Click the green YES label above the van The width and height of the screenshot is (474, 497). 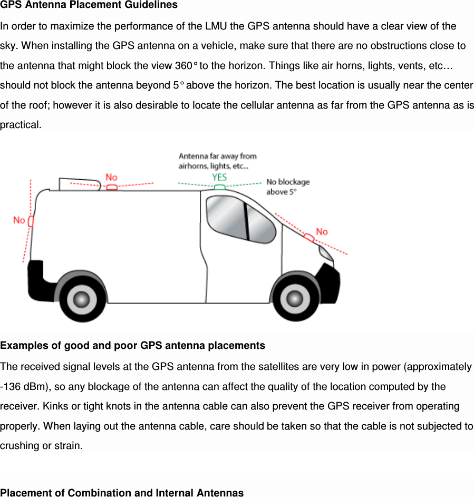219,178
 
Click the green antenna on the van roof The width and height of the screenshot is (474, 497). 220,187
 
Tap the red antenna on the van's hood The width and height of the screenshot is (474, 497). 309,238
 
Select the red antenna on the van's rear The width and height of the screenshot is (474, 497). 31,221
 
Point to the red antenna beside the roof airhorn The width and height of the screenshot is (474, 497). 111,187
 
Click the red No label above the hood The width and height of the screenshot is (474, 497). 322,231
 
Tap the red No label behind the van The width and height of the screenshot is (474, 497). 19,220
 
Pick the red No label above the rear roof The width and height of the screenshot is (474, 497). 111,178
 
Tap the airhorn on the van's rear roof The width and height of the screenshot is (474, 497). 79,183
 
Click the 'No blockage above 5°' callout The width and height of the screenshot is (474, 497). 288,187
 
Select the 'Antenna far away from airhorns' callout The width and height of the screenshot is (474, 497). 217,160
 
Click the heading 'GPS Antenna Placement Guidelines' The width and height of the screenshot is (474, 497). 89,5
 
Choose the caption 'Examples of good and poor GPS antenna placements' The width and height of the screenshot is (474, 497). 133,346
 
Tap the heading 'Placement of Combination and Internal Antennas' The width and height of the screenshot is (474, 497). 122,493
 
